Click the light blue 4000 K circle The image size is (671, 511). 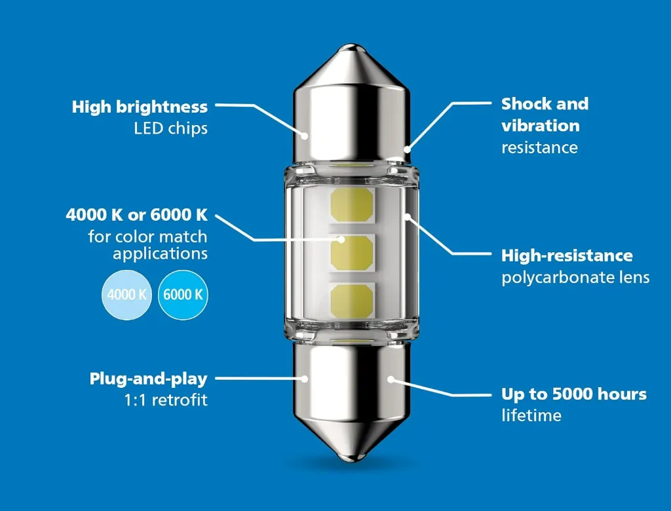pos(126,295)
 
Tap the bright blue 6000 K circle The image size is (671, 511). pos(183,295)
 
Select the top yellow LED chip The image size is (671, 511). pos(352,205)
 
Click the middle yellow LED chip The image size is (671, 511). pos(352,253)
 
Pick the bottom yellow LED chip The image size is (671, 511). pos(352,301)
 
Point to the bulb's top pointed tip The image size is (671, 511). pos(351,45)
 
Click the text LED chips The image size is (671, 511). pos(171,128)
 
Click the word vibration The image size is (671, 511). pos(541,125)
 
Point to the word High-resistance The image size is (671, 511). pos(567,255)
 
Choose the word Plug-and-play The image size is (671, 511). pos(149,379)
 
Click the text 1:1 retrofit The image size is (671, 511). pos(166,400)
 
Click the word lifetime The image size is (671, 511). pos(531,415)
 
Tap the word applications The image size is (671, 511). pos(161,254)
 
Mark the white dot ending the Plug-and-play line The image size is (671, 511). pos(304,379)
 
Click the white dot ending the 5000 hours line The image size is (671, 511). pos(391,379)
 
